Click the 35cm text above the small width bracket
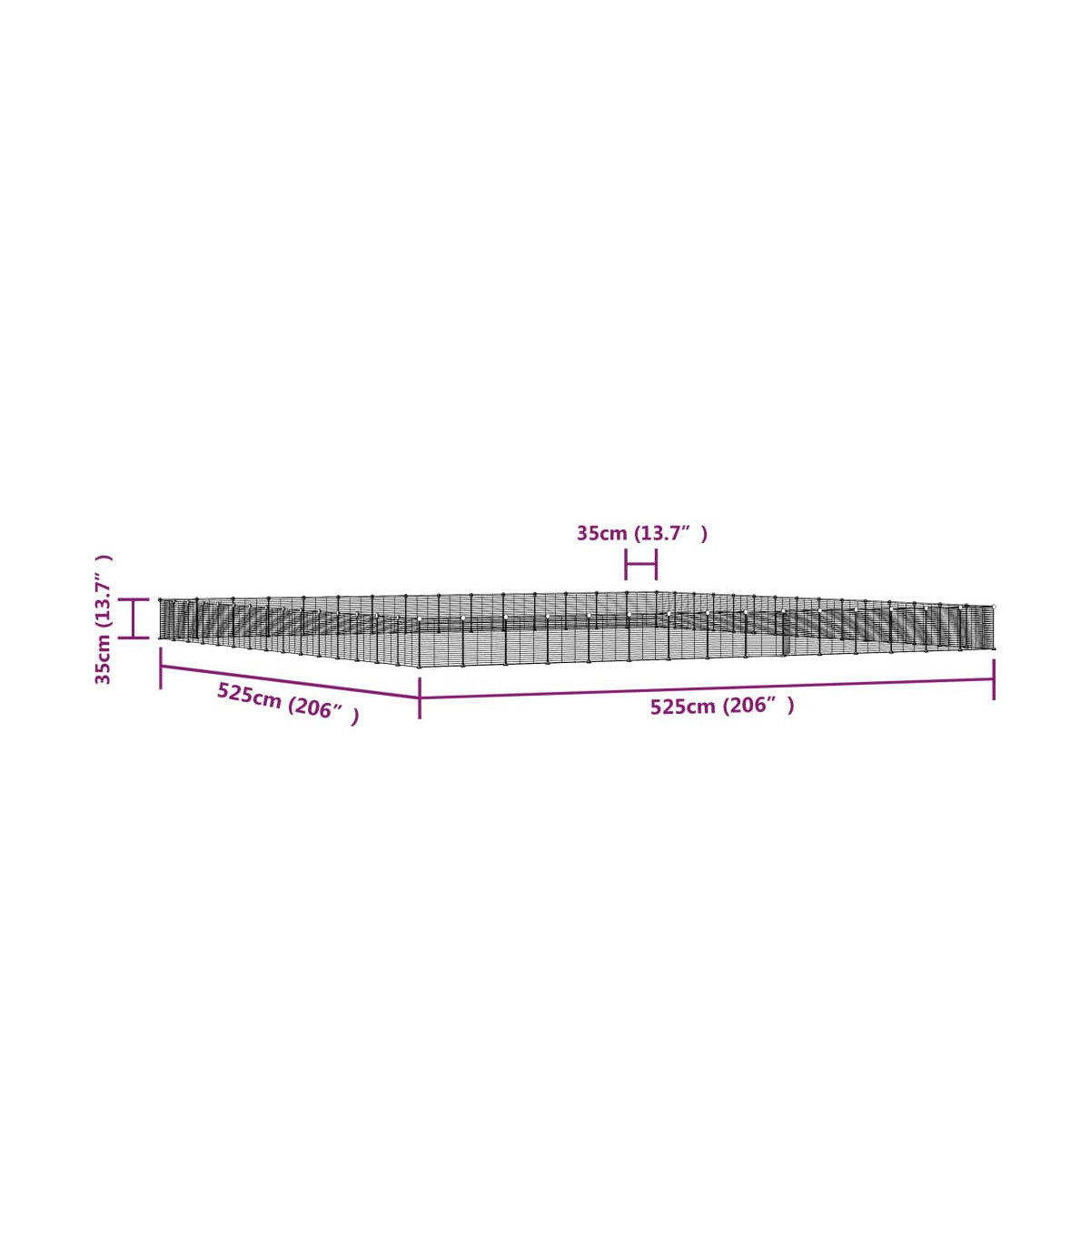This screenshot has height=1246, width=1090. (x=601, y=533)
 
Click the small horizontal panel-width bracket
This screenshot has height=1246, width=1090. (x=640, y=564)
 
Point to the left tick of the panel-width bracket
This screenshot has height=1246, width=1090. (x=625, y=564)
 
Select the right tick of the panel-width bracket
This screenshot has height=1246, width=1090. (x=656, y=564)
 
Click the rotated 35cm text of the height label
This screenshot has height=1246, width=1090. (x=103, y=659)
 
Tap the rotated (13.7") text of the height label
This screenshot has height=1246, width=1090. (x=103, y=591)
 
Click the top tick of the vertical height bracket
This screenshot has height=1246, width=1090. (x=134, y=599)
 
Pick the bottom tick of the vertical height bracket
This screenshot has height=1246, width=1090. (x=134, y=638)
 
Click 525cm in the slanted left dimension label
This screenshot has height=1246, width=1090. (x=249, y=696)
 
